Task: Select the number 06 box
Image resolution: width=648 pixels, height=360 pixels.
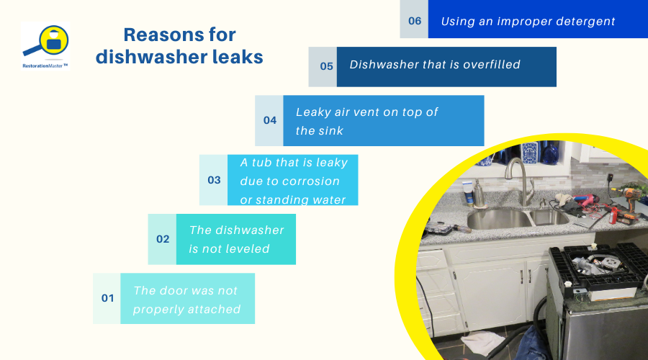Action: [x=415, y=21]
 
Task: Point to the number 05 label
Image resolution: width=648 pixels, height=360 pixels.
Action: [x=326, y=66]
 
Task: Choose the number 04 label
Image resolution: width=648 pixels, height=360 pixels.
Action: [x=269, y=120]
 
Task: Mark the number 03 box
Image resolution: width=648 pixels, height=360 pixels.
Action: [x=214, y=180]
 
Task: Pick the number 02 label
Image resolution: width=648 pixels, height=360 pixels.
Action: [x=163, y=239]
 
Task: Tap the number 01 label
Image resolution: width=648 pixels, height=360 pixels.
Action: [x=107, y=297]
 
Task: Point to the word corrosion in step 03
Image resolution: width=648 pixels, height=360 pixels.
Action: [x=311, y=181]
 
